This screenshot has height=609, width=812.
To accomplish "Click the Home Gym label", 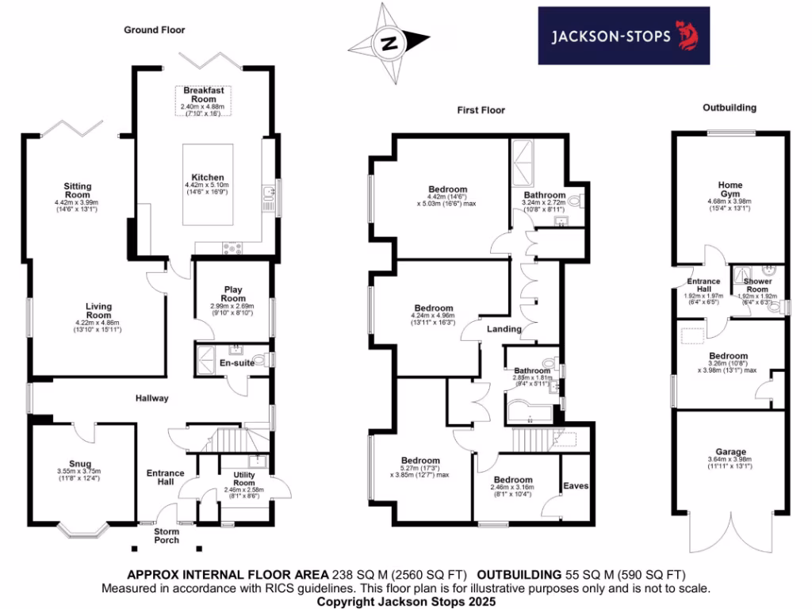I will click(x=730, y=189).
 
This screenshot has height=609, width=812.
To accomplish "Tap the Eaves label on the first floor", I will click(x=576, y=485).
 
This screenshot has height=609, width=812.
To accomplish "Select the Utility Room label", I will click(x=243, y=478).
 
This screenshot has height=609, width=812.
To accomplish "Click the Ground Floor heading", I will click(x=154, y=30).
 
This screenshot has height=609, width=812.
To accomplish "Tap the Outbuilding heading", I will click(x=730, y=107).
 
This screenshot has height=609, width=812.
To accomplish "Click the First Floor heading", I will click(x=481, y=110).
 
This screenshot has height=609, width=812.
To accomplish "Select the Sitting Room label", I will click(x=78, y=190).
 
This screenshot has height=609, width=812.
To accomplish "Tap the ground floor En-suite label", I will click(x=236, y=365).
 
